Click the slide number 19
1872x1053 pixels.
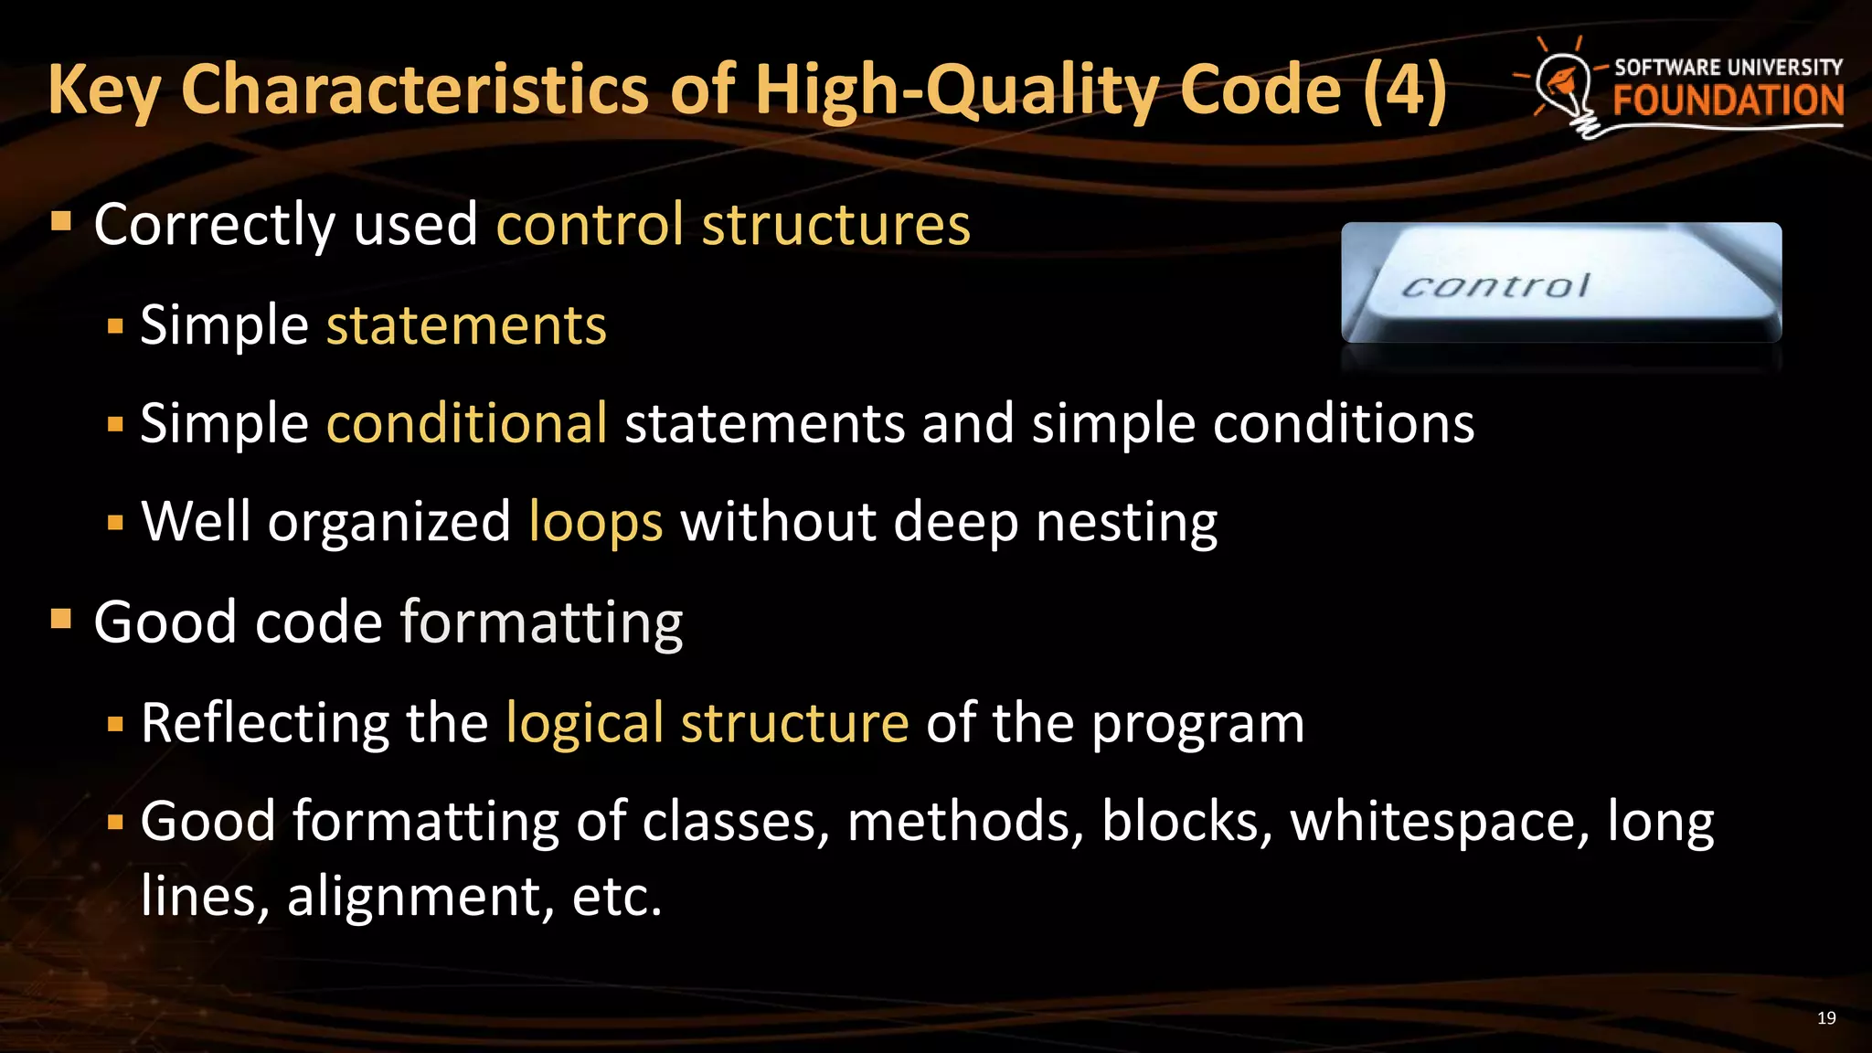(1826, 1018)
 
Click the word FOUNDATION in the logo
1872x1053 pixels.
(1728, 101)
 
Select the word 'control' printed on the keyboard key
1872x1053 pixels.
(1496, 287)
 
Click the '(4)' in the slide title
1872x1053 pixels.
(1405, 90)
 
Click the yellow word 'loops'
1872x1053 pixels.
(596, 522)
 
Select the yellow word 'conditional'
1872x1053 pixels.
(466, 424)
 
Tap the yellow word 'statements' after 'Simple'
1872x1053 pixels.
(466, 325)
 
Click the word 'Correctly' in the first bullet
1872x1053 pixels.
(214, 225)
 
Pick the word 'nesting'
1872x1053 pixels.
(1126, 522)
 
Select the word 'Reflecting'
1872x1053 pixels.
(265, 723)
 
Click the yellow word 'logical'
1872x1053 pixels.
(585, 723)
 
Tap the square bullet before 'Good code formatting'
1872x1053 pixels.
(61, 620)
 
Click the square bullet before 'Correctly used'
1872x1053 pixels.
(61, 221)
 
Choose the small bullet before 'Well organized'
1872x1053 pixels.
(115, 524)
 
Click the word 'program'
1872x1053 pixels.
(1198, 725)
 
